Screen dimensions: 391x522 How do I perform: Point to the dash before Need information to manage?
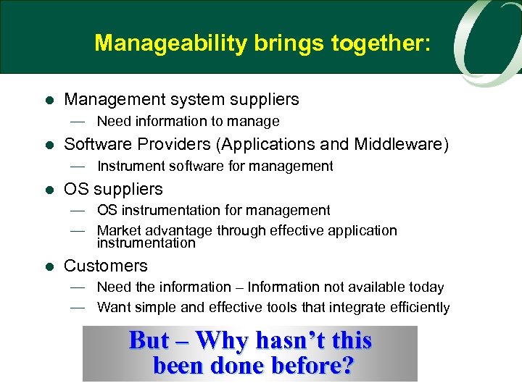[78, 121]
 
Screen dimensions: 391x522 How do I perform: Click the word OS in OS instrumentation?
[106, 210]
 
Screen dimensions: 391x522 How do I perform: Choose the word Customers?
[106, 266]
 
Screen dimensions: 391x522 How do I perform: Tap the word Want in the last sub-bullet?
[114, 307]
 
